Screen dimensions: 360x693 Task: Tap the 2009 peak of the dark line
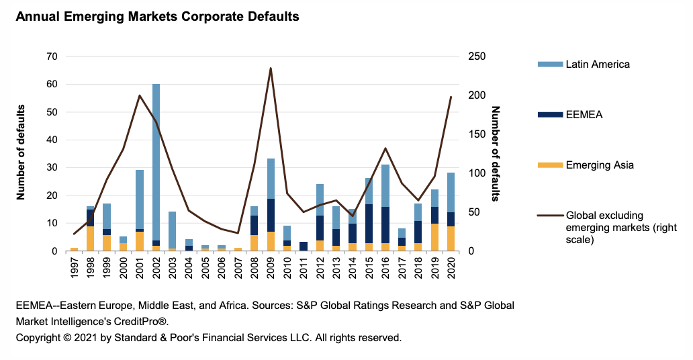270,69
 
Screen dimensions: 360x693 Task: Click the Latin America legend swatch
549,64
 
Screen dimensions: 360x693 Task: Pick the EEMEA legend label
584,115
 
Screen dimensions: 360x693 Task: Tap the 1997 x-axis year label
75,269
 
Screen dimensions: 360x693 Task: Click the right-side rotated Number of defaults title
496,153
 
